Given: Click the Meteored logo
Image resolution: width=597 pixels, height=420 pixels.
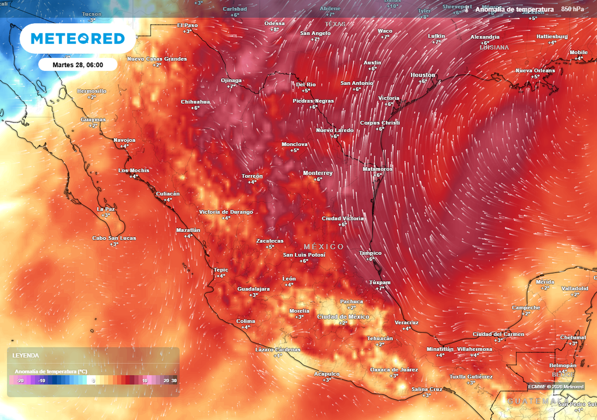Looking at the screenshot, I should [x=78, y=39].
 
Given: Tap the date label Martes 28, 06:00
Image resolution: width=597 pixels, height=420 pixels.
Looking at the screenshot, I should [x=78, y=65].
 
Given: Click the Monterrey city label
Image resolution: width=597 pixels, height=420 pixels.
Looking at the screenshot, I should [x=318, y=173].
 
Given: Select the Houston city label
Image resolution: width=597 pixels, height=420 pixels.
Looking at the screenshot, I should [x=423, y=75].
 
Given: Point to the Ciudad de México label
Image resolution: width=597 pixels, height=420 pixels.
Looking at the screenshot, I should [x=343, y=316].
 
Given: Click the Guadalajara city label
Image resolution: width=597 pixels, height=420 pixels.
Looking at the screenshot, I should [x=253, y=289].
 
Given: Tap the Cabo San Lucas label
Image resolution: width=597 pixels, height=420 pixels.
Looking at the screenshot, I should [x=114, y=238].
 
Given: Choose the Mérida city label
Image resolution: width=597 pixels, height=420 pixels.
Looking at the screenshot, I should [x=545, y=282].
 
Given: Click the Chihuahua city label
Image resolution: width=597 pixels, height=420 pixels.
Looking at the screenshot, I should [x=195, y=101].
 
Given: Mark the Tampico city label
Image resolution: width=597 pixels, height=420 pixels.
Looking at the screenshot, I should [x=370, y=253].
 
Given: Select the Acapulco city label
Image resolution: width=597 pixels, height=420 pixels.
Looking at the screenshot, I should [x=326, y=373].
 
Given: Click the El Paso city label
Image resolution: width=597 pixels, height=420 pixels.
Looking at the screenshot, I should [x=188, y=25].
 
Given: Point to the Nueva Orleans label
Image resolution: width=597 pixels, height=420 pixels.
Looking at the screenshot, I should [x=535, y=71].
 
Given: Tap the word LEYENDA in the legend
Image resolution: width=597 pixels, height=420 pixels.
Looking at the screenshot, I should [x=26, y=355].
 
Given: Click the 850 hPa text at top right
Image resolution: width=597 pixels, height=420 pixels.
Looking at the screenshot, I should [x=572, y=9].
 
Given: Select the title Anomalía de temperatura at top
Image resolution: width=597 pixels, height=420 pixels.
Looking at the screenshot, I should [x=514, y=9].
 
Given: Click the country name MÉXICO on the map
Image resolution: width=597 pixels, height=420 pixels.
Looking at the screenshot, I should [x=324, y=247].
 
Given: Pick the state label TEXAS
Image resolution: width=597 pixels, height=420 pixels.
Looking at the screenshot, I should [x=335, y=24].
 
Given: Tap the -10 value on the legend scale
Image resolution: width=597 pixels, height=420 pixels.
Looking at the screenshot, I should [x=41, y=380].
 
